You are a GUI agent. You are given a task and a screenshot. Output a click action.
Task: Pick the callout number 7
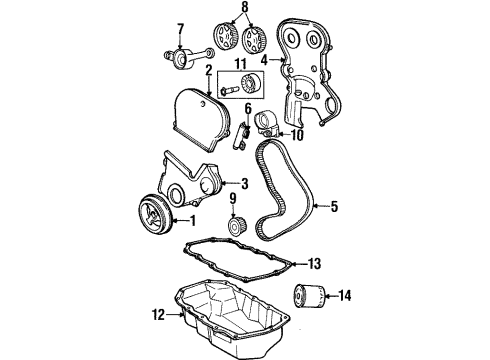coord(181,27)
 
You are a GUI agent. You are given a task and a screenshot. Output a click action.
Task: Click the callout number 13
coord(314,264)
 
